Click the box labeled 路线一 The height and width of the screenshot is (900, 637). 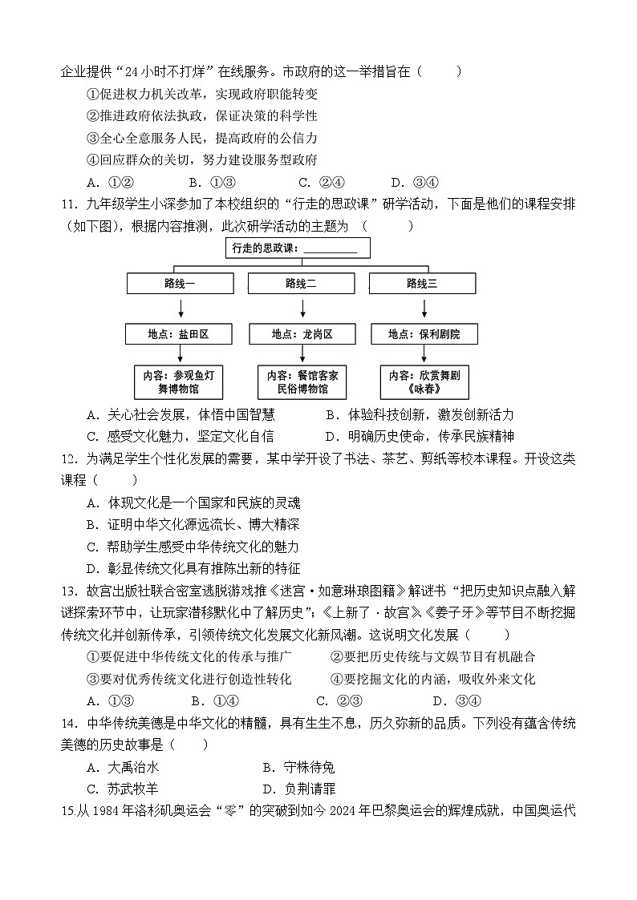tap(180, 283)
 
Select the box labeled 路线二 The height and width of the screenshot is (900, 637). tap(301, 283)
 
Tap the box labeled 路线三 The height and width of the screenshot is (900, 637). tap(422, 283)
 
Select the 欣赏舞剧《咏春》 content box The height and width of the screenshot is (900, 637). tap(424, 382)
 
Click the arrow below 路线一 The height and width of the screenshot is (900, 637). tap(180, 308)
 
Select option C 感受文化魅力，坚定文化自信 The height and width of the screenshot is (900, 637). tap(181, 436)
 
